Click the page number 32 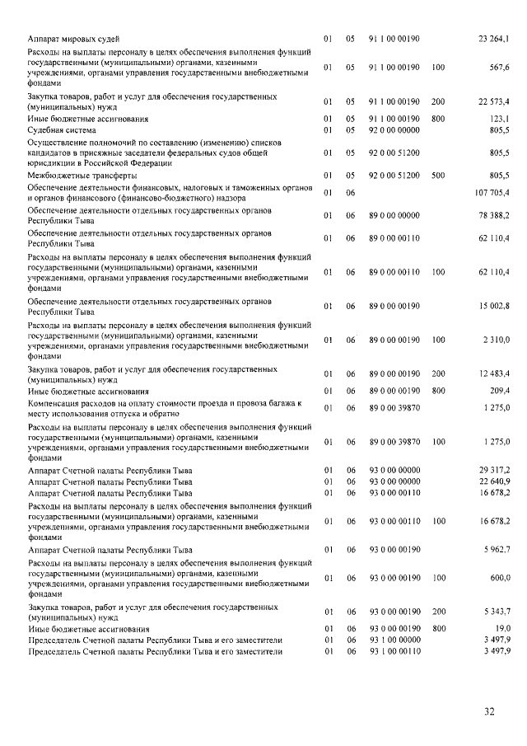point(489,711)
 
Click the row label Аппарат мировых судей point(73,39)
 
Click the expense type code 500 point(437,176)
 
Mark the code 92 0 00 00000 point(394,130)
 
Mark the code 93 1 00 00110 point(394,651)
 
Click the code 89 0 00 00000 point(394,215)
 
